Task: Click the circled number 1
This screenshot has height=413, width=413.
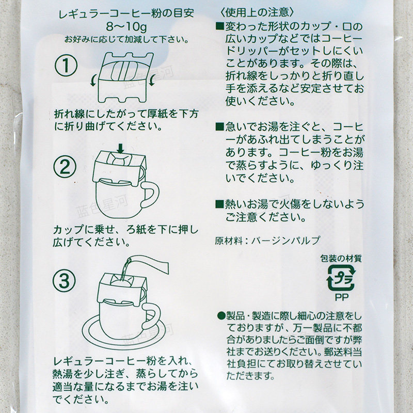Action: pyautogui.click(x=66, y=66)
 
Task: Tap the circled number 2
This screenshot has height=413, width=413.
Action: pyautogui.click(x=65, y=166)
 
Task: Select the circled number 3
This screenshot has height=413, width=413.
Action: pyautogui.click(x=64, y=281)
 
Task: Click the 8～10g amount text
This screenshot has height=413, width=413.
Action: pyautogui.click(x=126, y=27)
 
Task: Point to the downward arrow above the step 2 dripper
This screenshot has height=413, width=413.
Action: pyautogui.click(x=120, y=148)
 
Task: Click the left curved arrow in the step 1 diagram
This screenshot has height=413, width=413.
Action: pyautogui.click(x=93, y=80)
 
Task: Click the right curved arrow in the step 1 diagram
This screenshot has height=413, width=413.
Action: pyautogui.click(x=152, y=80)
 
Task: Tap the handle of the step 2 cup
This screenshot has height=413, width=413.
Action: pyautogui.click(x=151, y=194)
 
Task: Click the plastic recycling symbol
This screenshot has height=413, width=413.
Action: pyautogui.click(x=341, y=278)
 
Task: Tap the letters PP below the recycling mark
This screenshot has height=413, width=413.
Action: pyautogui.click(x=342, y=297)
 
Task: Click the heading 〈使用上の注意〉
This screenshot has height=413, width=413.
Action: pyautogui.click(x=256, y=12)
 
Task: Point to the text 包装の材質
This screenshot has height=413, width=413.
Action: pyautogui.click(x=341, y=259)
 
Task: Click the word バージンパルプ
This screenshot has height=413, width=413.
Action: pyautogui.click(x=286, y=240)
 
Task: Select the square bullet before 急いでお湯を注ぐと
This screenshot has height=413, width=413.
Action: pyautogui.click(x=219, y=126)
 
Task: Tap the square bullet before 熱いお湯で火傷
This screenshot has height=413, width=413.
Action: pyautogui.click(x=219, y=204)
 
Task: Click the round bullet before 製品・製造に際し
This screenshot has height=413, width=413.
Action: pyautogui.click(x=221, y=315)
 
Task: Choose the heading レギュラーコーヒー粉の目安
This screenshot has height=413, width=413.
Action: pyautogui.click(x=126, y=14)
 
